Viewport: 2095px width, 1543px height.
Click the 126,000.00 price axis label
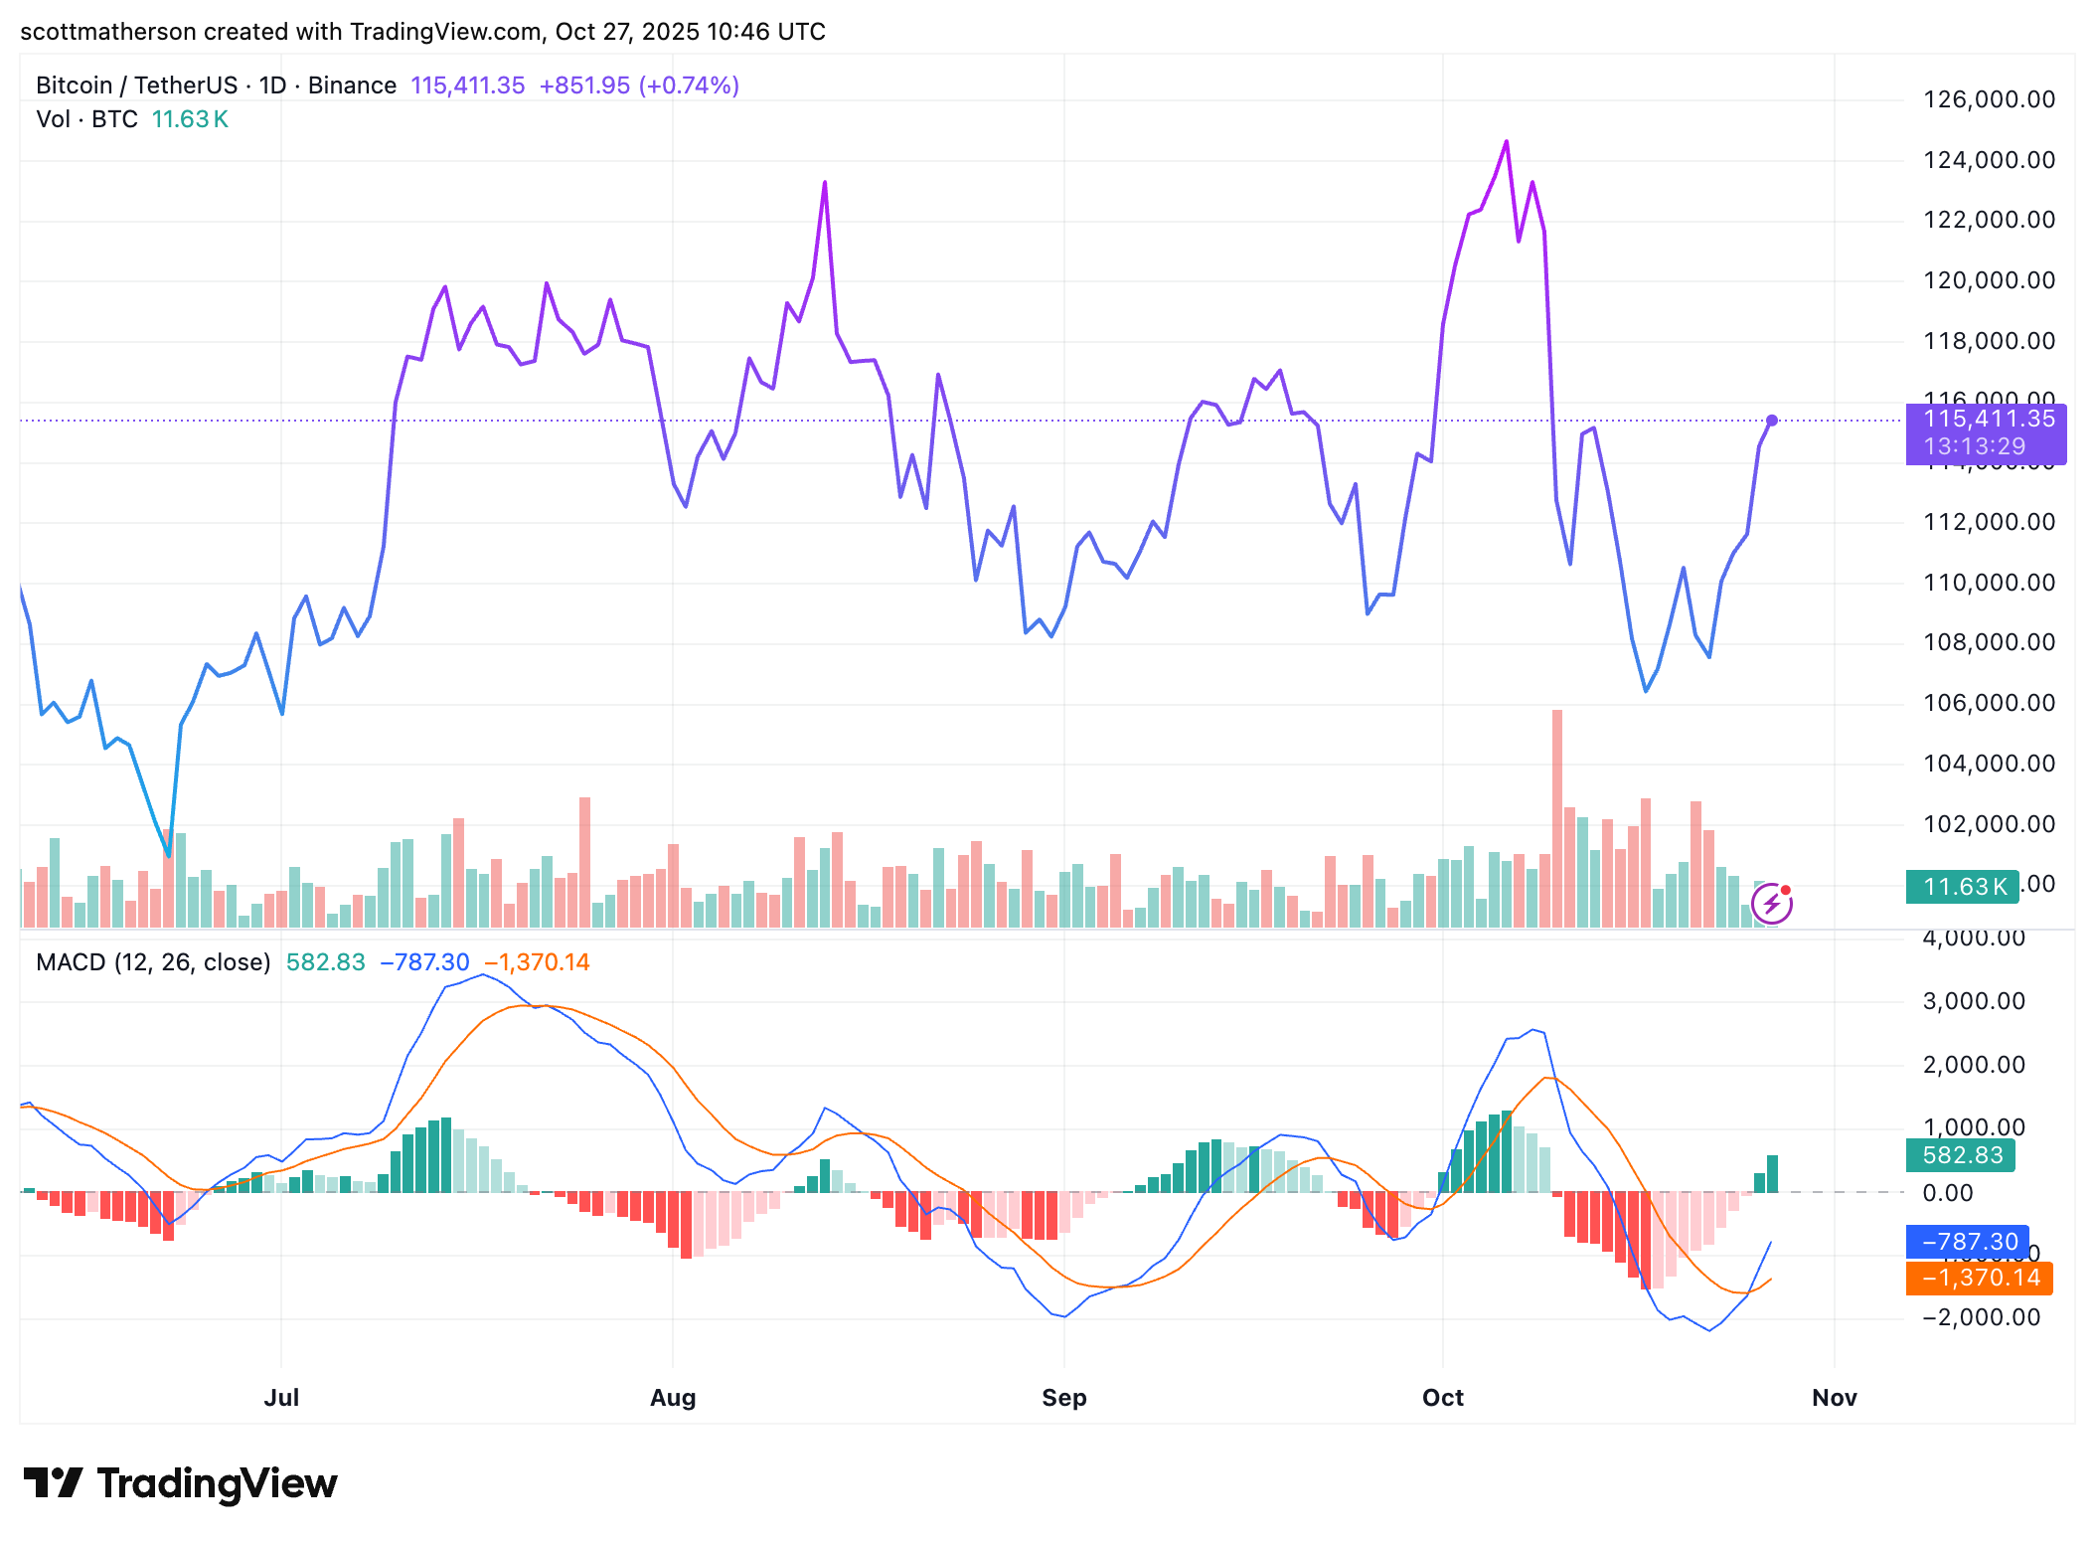(1989, 99)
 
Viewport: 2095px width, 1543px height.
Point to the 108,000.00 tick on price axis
(1989, 642)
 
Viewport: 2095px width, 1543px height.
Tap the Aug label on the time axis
(673, 1397)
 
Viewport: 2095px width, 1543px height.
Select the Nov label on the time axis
(1834, 1397)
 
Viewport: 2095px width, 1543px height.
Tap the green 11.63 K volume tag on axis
(1962, 886)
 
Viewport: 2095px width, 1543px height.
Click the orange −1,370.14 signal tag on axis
(1979, 1278)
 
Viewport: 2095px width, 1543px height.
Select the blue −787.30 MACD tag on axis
(1967, 1242)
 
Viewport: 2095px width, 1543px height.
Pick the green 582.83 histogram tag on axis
(1960, 1155)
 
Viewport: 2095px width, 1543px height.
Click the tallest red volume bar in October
(1556, 815)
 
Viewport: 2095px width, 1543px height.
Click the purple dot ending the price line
(1772, 421)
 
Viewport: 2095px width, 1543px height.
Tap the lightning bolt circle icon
(1771, 905)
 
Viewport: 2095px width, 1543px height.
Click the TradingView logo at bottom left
(181, 1483)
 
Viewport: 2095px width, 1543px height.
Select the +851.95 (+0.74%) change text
(639, 86)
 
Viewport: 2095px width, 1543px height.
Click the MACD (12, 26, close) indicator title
(153, 962)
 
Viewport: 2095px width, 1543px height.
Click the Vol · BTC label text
(86, 119)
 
